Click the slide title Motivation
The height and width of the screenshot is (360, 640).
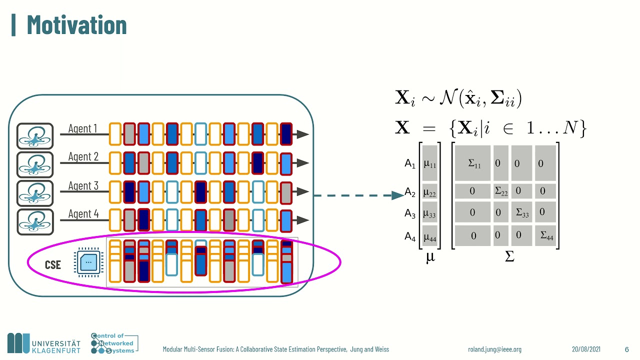pyautogui.click(x=76, y=24)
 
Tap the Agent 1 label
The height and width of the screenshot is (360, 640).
pyautogui.click(x=82, y=128)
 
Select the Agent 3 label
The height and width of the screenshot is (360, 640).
pyautogui.click(x=83, y=186)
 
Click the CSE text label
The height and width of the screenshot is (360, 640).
pyautogui.click(x=52, y=264)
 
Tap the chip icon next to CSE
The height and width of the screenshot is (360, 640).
pyautogui.click(x=88, y=262)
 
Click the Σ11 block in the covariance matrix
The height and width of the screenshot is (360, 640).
pyautogui.click(x=473, y=163)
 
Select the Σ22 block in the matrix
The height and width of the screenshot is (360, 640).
pyautogui.click(x=501, y=191)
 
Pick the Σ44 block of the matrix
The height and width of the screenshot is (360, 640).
pyautogui.click(x=546, y=235)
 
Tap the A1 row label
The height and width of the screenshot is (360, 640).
pyautogui.click(x=410, y=163)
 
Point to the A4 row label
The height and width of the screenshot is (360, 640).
pyautogui.click(x=410, y=237)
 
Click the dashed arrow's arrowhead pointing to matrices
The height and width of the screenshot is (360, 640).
pyautogui.click(x=398, y=195)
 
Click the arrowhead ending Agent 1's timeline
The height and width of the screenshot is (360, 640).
pyautogui.click(x=302, y=134)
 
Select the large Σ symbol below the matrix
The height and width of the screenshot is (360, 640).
pyautogui.click(x=509, y=257)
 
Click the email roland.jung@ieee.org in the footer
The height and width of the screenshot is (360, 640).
pyautogui.click(x=494, y=349)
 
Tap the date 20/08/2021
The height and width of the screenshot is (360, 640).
pyautogui.click(x=586, y=349)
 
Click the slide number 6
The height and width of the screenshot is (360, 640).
pyautogui.click(x=626, y=349)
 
